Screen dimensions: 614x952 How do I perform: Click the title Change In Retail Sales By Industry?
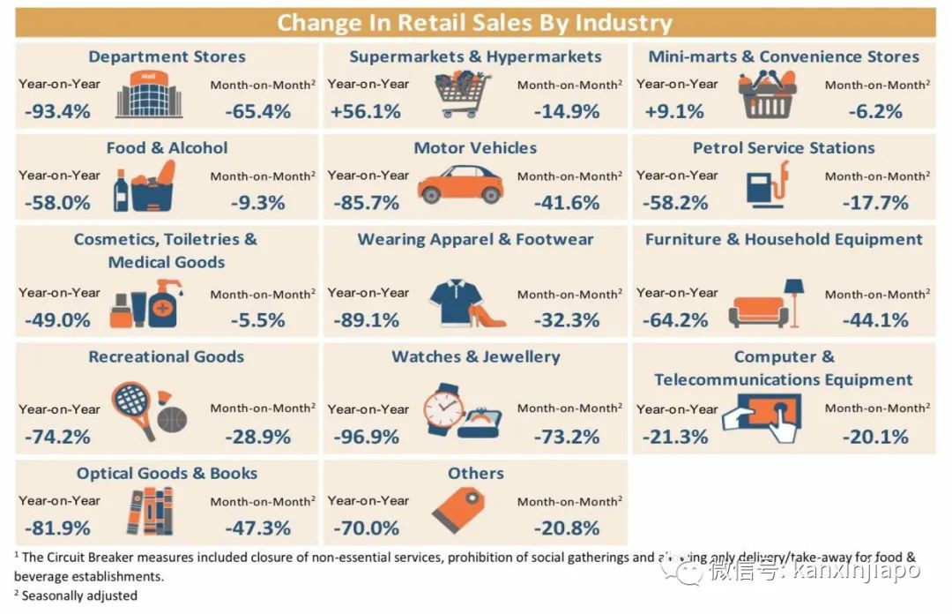pyautogui.click(x=475, y=22)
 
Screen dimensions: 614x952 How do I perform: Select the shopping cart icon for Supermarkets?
pyautogui.click(x=462, y=95)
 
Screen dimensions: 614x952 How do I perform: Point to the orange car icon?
pyautogui.click(x=459, y=183)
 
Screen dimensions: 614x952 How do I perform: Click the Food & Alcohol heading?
pyautogui.click(x=167, y=147)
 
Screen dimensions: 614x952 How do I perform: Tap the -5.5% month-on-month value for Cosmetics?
pyautogui.click(x=257, y=320)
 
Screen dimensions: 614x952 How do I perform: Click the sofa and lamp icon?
pyautogui.click(x=767, y=304)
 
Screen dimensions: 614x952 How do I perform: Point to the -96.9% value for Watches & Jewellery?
pyautogui.click(x=366, y=437)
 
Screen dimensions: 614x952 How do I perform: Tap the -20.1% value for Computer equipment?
pyautogui.click(x=875, y=437)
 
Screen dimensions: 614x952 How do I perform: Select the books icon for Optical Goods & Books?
pyautogui.click(x=149, y=511)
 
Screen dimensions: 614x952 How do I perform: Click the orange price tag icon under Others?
pyautogui.click(x=457, y=509)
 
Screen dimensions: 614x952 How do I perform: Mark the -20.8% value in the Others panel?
pyautogui.click(x=566, y=528)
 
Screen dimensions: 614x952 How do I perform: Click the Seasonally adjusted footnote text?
pyautogui.click(x=79, y=595)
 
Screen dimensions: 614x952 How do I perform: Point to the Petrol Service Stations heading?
pyautogui.click(x=784, y=147)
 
